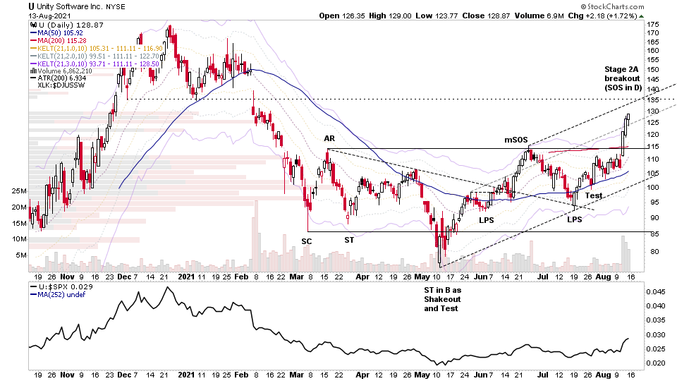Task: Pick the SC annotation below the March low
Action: click(x=307, y=241)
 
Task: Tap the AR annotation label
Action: click(x=329, y=138)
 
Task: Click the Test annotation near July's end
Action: click(x=593, y=195)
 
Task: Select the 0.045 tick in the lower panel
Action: click(x=655, y=291)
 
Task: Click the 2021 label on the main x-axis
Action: click(x=186, y=276)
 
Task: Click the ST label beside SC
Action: click(x=349, y=241)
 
